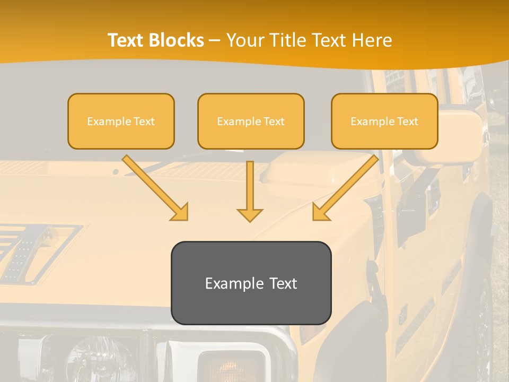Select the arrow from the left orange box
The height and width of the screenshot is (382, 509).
pyautogui.click(x=155, y=188)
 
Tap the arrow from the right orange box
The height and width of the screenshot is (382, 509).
pyautogui.click(x=345, y=188)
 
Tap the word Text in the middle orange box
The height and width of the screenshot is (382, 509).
pyautogui.click(x=274, y=121)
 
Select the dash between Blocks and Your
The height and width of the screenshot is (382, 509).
pyautogui.click(x=215, y=41)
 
